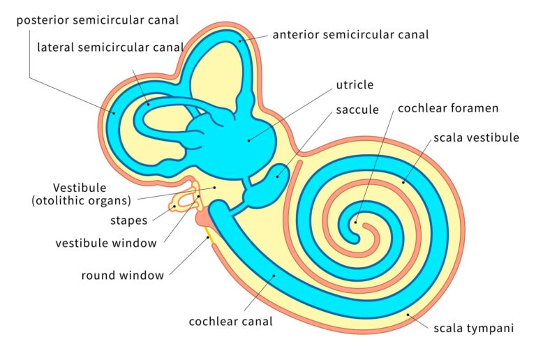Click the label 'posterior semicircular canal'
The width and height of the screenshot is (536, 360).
pos(97,20)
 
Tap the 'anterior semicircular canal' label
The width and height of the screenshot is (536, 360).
pos(350,33)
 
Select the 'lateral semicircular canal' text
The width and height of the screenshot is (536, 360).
pos(111,47)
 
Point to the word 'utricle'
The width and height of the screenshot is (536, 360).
pos(355,85)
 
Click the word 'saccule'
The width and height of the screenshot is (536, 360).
pos(357,110)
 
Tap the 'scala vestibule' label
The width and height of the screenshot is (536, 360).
pos(476,137)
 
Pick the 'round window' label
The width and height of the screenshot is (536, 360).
pos(123,275)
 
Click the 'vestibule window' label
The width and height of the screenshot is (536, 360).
pos(106,243)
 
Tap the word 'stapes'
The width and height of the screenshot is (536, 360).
pos(129,220)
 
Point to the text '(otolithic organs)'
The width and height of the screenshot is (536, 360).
pos(82,201)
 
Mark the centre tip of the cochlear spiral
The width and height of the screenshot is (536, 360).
pos(357,223)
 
